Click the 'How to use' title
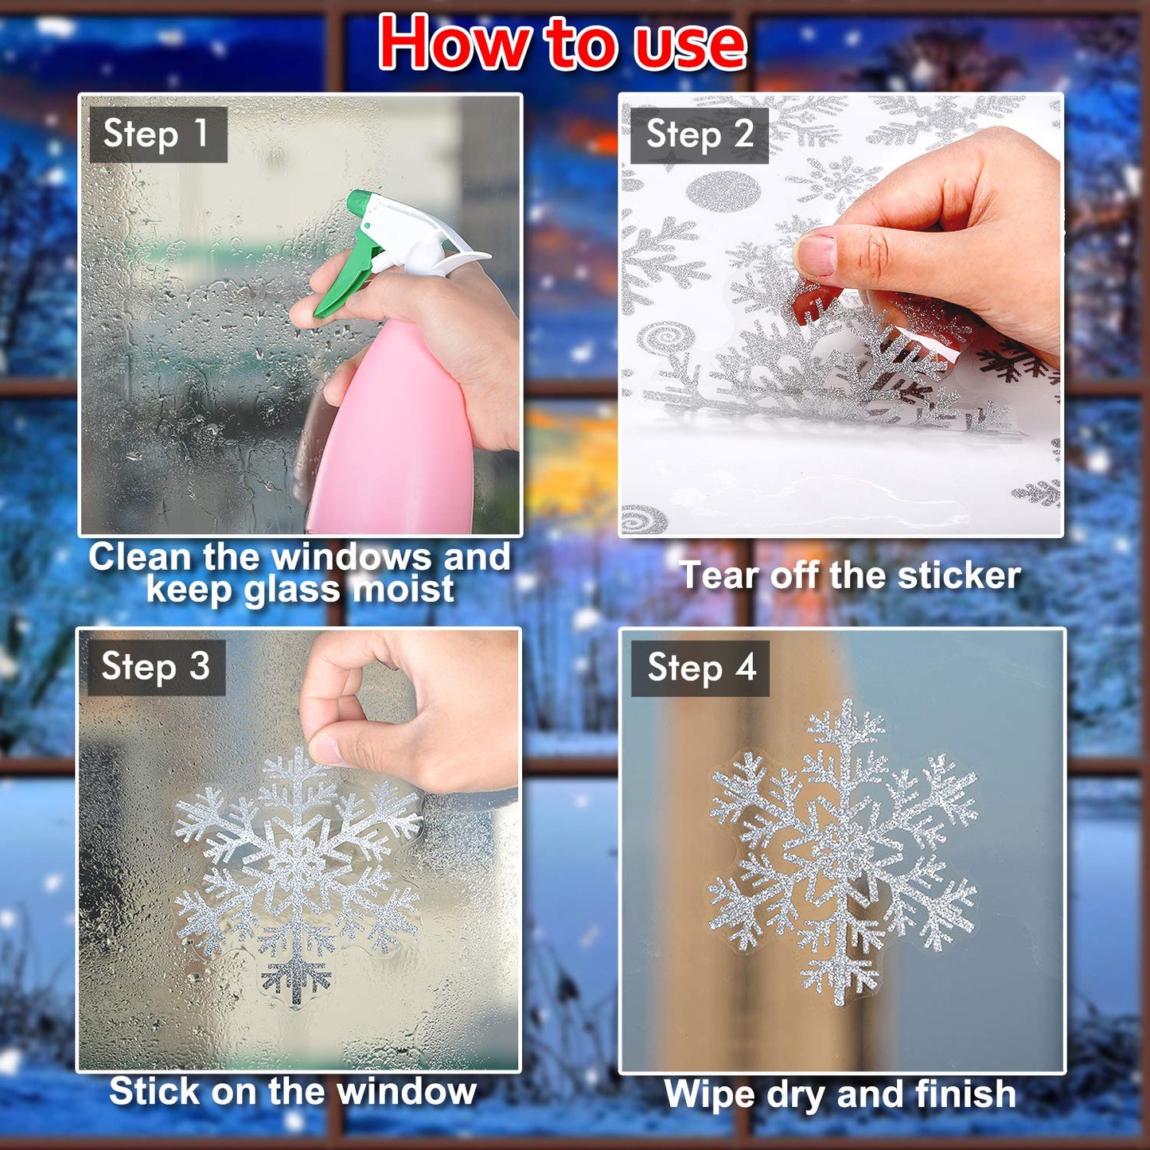[563, 44]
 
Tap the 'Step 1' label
[157, 134]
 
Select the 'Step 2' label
[700, 134]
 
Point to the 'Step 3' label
[156, 667]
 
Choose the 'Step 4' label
[701, 668]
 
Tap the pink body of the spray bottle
[390, 446]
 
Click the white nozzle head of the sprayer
[414, 231]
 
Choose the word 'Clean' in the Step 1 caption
[139, 557]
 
